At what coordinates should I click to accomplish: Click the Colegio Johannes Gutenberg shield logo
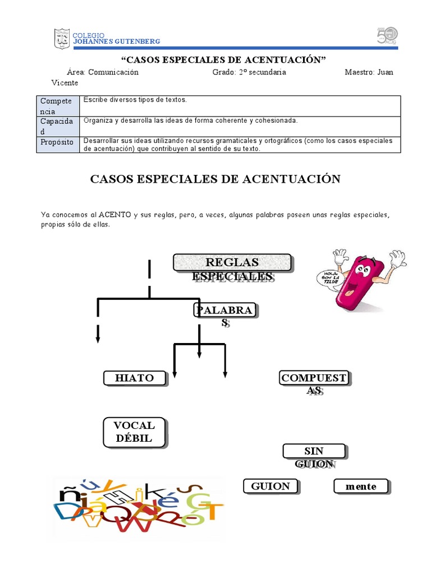point(62,39)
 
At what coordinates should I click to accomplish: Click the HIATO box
point(135,378)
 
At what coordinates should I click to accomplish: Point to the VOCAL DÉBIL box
point(135,432)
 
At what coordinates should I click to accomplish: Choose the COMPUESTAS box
point(314,379)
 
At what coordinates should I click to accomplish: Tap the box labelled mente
point(361,487)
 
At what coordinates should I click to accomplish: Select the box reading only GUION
point(270,486)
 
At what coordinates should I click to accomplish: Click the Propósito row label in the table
point(57,142)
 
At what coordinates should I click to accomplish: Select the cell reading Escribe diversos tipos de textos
point(135,100)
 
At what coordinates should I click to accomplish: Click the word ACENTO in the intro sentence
point(114,215)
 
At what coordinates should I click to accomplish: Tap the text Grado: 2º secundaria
point(249,72)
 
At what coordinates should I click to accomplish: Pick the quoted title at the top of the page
point(224,60)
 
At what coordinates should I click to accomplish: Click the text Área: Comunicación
point(103,72)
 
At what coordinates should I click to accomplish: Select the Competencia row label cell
point(58,106)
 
